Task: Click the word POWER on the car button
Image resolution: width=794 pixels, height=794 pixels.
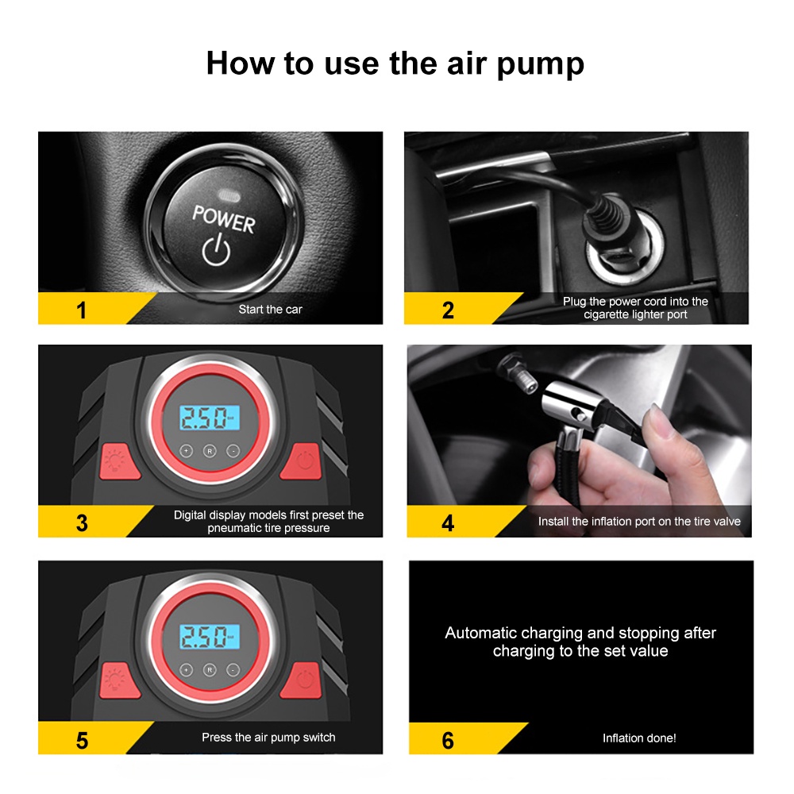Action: pos(223,219)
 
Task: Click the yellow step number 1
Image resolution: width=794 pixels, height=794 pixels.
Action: pos(81,310)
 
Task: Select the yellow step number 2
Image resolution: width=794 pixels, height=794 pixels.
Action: pos(448,310)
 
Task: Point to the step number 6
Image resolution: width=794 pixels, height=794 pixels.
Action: pos(448,741)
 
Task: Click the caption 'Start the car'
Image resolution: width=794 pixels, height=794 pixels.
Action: pos(271,310)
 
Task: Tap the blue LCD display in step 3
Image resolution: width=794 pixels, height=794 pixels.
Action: pos(209,418)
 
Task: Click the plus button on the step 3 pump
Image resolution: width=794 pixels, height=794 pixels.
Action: pos(187,450)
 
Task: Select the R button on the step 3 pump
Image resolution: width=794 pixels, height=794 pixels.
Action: pos(210,451)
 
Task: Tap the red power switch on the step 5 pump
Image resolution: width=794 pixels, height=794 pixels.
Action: pos(303,680)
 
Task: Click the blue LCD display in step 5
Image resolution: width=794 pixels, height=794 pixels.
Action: pos(209,637)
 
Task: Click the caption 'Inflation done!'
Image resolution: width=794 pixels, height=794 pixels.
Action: pos(639,738)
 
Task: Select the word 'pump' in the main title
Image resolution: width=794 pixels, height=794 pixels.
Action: pos(540,64)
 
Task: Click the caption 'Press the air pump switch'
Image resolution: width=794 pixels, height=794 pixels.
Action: pos(268,738)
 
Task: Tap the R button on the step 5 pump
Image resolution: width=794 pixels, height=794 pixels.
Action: pos(210,670)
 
